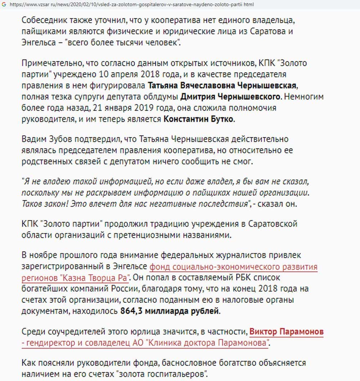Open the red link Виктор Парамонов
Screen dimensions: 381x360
(286, 331)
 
